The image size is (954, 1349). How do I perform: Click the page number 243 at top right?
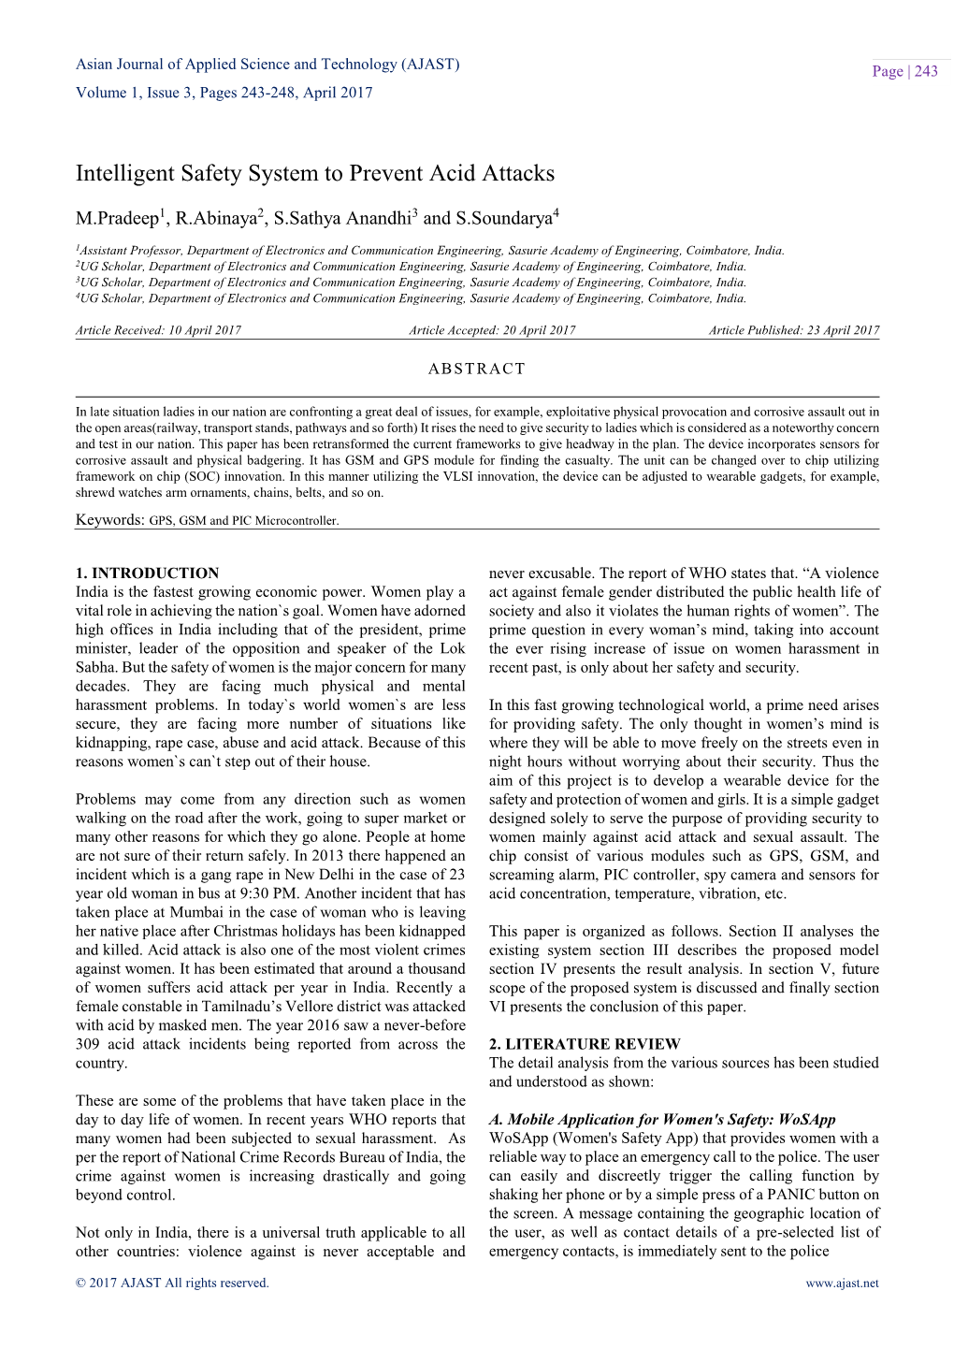click(x=925, y=72)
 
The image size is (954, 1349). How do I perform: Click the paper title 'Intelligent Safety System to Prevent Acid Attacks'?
click(x=315, y=174)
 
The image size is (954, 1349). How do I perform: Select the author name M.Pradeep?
click(x=117, y=219)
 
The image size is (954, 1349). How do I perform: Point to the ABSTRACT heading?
click(x=477, y=369)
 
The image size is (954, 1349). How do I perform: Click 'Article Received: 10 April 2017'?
click(x=158, y=330)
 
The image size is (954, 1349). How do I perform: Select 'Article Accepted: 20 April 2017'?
click(x=492, y=330)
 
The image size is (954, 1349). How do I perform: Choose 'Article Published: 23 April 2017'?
click(x=793, y=330)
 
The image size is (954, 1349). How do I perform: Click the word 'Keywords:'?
click(x=109, y=520)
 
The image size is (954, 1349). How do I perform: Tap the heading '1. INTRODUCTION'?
click(x=147, y=573)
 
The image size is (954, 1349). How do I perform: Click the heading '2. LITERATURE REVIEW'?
click(x=585, y=1044)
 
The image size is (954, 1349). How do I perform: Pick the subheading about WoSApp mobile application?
click(x=662, y=1120)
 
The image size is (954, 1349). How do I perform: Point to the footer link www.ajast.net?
click(x=842, y=1284)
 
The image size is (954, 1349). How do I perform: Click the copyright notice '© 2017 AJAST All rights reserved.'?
click(x=172, y=1284)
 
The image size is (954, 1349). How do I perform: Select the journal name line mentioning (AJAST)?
click(x=267, y=65)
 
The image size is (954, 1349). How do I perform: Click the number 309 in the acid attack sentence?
click(x=87, y=1044)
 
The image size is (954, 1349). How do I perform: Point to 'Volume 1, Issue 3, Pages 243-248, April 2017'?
click(x=224, y=93)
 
